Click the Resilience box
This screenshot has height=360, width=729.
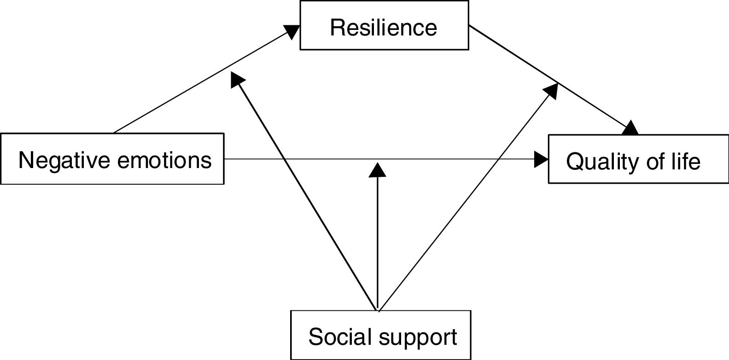(x=384, y=25)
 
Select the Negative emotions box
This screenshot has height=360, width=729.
(x=112, y=159)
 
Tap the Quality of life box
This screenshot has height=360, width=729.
(x=638, y=159)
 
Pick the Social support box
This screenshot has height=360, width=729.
(x=380, y=335)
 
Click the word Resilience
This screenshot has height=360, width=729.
(x=384, y=28)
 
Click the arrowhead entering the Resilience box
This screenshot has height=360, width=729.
(x=291, y=31)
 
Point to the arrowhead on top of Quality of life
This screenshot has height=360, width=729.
(x=631, y=128)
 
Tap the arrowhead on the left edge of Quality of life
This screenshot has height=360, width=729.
(x=542, y=159)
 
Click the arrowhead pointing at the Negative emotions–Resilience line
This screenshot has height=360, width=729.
(x=237, y=79)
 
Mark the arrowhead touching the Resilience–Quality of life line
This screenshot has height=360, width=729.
(x=552, y=90)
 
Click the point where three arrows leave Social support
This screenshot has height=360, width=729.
(x=378, y=310)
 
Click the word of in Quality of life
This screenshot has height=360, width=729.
(x=653, y=162)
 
